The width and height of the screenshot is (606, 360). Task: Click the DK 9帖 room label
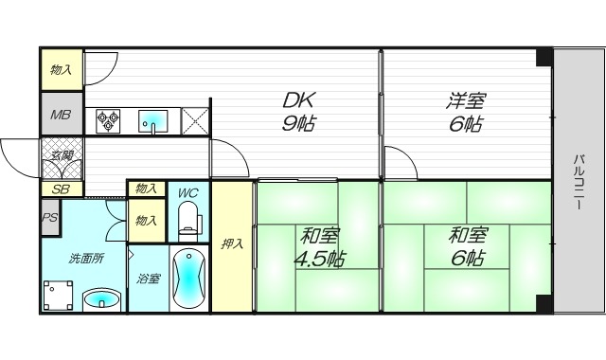tap(296, 112)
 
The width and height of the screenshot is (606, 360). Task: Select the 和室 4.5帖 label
tap(320, 247)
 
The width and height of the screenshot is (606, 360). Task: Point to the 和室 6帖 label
tap(466, 245)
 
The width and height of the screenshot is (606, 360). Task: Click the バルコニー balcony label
tap(578, 180)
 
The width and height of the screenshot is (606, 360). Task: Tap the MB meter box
tap(61, 116)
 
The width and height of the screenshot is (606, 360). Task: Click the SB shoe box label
tap(61, 189)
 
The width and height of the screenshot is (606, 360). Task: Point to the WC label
tap(187, 193)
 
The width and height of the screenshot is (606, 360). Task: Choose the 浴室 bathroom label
tap(149, 279)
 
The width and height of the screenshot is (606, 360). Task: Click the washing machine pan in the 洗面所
tap(60, 297)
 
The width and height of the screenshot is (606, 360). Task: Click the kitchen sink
tap(152, 121)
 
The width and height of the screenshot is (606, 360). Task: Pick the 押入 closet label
tap(232, 244)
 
